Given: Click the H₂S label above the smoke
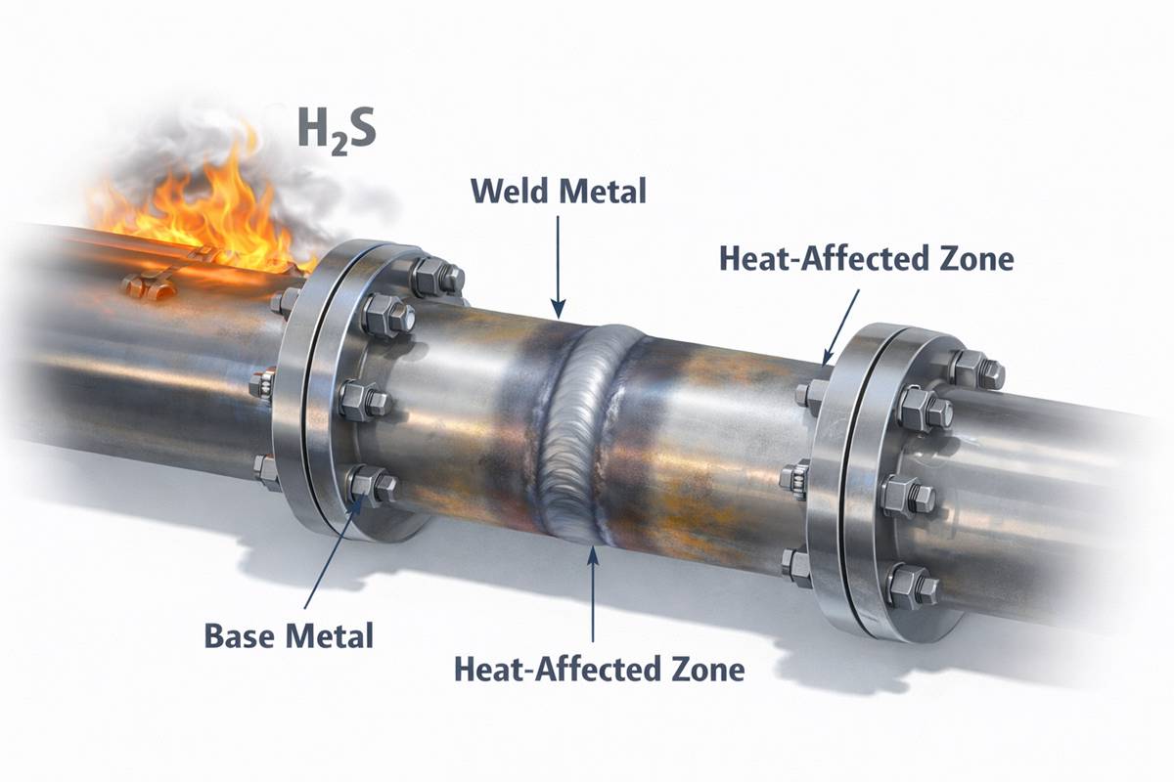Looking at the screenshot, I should [x=336, y=131].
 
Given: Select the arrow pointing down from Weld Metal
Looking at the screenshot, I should [x=557, y=264].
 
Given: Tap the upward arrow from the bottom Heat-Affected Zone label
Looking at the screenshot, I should [x=592, y=596].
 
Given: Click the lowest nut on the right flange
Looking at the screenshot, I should [x=910, y=586].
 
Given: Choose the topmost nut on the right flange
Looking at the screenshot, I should [x=973, y=369].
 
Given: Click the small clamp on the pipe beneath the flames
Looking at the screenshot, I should [x=147, y=285].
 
